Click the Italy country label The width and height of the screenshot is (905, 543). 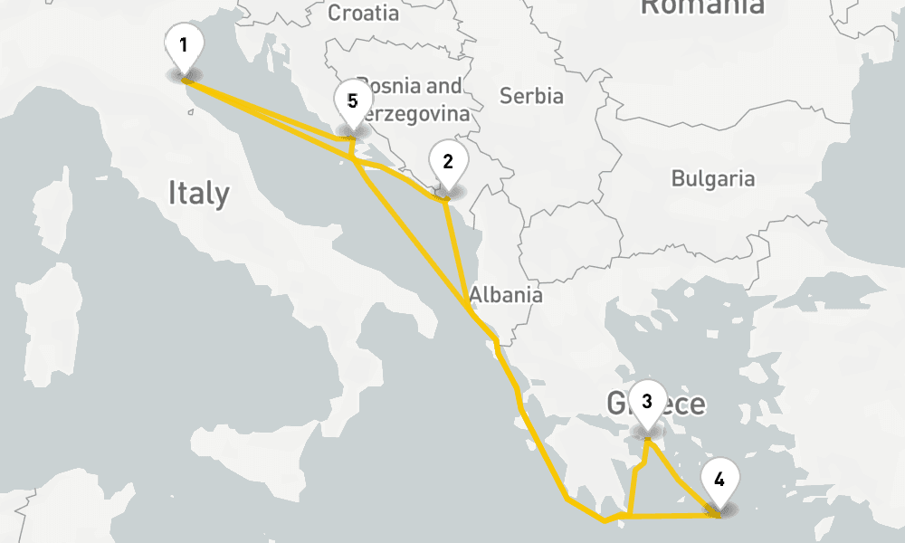coord(198,193)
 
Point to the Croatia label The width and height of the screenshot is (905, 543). coord(363,13)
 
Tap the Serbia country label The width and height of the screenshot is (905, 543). coord(531,96)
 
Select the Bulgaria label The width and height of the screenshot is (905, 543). coord(712,178)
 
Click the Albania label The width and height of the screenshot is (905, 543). coord(506,294)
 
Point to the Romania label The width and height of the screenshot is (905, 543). coord(702,7)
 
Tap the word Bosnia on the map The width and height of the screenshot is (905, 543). coord(389,86)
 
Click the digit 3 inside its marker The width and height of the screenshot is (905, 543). coord(646,401)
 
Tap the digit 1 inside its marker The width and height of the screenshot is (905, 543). coord(184,44)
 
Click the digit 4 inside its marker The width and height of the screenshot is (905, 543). coord(719,479)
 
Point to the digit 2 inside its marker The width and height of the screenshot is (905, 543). coord(447,162)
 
